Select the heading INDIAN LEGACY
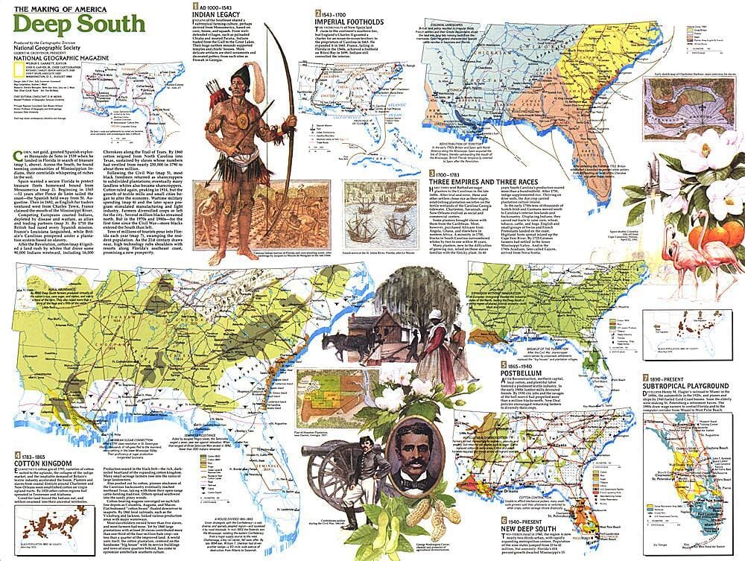click(216, 14)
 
